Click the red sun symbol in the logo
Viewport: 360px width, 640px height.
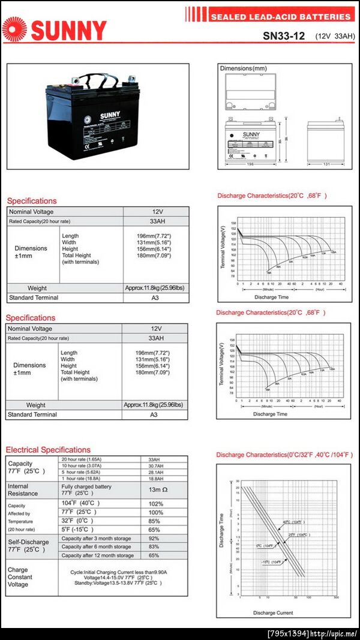(14, 29)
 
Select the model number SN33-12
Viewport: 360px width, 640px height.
(284, 35)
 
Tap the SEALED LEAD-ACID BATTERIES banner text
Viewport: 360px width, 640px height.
(280, 17)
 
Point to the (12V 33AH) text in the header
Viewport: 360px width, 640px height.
(335, 36)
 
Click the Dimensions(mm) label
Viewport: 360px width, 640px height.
(244, 68)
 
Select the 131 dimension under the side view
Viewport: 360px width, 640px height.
(327, 164)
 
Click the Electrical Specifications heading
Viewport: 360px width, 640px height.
(48, 449)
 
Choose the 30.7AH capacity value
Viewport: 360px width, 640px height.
(155, 465)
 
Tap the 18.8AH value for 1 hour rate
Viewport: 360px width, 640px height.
(155, 478)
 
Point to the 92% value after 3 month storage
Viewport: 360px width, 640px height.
(154, 538)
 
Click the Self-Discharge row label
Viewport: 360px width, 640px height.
(29, 546)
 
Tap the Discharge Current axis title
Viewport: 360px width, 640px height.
(273, 612)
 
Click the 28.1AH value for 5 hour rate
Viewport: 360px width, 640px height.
(155, 472)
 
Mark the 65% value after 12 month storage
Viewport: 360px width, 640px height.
(154, 555)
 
